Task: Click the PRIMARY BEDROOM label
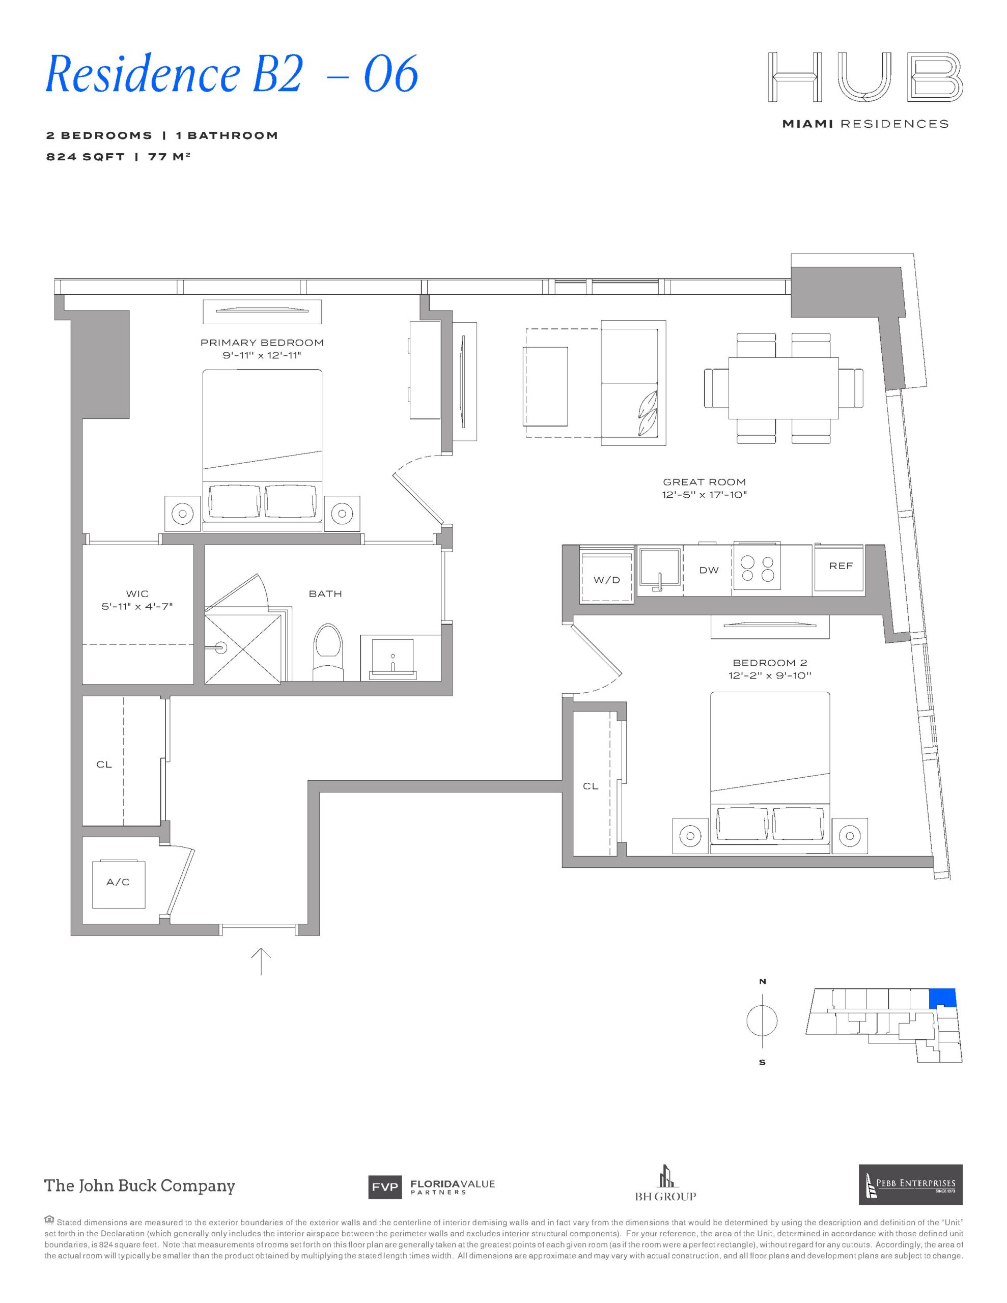coord(262,343)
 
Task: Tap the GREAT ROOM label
coord(705,482)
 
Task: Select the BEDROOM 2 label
coord(770,663)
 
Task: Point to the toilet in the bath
coord(329,652)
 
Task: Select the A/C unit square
coord(118,884)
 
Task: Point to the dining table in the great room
coord(783,389)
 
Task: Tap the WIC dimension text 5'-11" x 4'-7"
coord(137,607)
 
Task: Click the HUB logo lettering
coord(865,76)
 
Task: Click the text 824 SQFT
coord(86,157)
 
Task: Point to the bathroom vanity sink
coord(392,658)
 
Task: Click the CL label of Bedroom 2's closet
coord(591,786)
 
